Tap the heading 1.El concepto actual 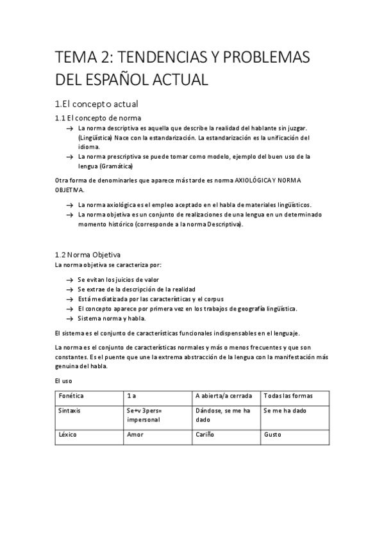pyautogui.click(x=96, y=104)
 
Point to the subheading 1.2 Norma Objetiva pyautogui.click(x=88, y=254)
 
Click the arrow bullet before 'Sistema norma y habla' pyautogui.click(x=69, y=318)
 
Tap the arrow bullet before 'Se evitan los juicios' pyautogui.click(x=69, y=280)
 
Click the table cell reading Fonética pyautogui.click(x=71, y=396)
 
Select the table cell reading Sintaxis pyautogui.click(x=70, y=410)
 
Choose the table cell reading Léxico pyautogui.click(x=68, y=434)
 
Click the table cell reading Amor pyautogui.click(x=135, y=434)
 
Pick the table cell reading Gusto pyautogui.click(x=272, y=434)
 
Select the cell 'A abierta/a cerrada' pyautogui.click(x=224, y=396)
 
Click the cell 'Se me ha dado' pyautogui.click(x=285, y=410)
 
